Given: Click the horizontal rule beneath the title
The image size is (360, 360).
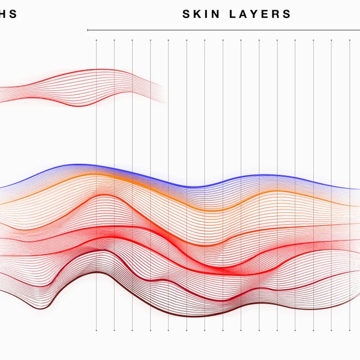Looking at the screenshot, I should point(222,29).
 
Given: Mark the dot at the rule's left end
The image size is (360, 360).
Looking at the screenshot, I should point(88,29).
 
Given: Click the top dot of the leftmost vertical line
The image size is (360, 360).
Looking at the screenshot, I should point(96,41).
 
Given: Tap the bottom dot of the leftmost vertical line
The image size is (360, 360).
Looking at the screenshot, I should point(96,330).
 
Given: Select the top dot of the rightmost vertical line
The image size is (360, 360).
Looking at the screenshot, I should point(350,41).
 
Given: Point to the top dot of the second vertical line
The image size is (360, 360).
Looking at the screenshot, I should point(114,41).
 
